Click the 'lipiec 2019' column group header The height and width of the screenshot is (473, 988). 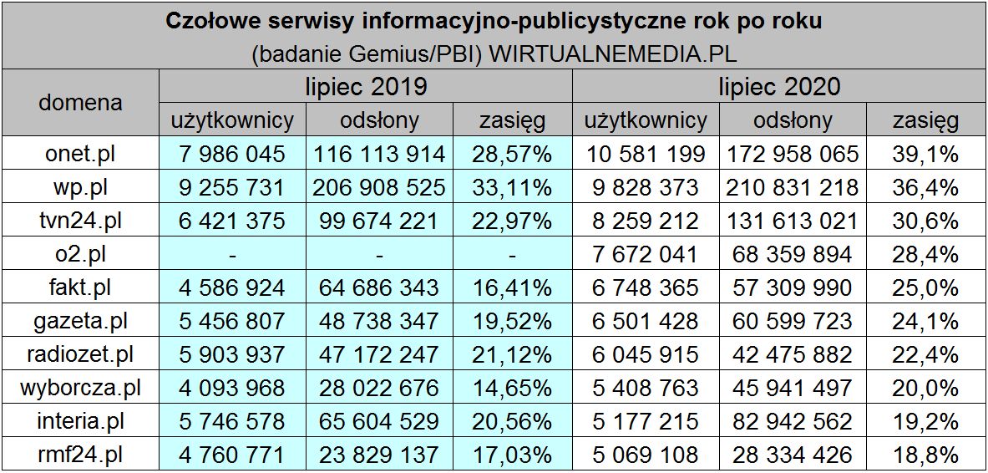tap(367, 86)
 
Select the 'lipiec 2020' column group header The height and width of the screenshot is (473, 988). tap(779, 86)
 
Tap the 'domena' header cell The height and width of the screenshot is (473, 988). tap(80, 103)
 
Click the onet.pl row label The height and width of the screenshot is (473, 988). tap(80, 154)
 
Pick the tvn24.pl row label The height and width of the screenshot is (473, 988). tap(80, 221)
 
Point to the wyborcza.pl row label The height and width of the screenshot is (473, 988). tap(80, 388)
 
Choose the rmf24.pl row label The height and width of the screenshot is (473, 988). tap(80, 455)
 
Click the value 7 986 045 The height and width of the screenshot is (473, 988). tap(232, 154)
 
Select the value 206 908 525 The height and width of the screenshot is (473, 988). tap(379, 187)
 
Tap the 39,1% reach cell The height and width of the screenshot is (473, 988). tap(925, 154)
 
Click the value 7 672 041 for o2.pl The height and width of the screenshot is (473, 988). tap(646, 254)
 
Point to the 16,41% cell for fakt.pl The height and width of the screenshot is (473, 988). tap(512, 287)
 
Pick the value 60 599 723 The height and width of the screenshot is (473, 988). tap(793, 321)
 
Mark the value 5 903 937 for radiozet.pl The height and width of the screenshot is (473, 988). tap(232, 354)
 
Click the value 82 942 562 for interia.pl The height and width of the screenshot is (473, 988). tap(793, 422)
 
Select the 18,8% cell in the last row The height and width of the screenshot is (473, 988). tap(925, 455)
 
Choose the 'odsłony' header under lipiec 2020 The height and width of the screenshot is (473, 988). tap(793, 120)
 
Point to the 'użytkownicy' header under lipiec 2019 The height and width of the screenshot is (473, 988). tap(232, 120)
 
